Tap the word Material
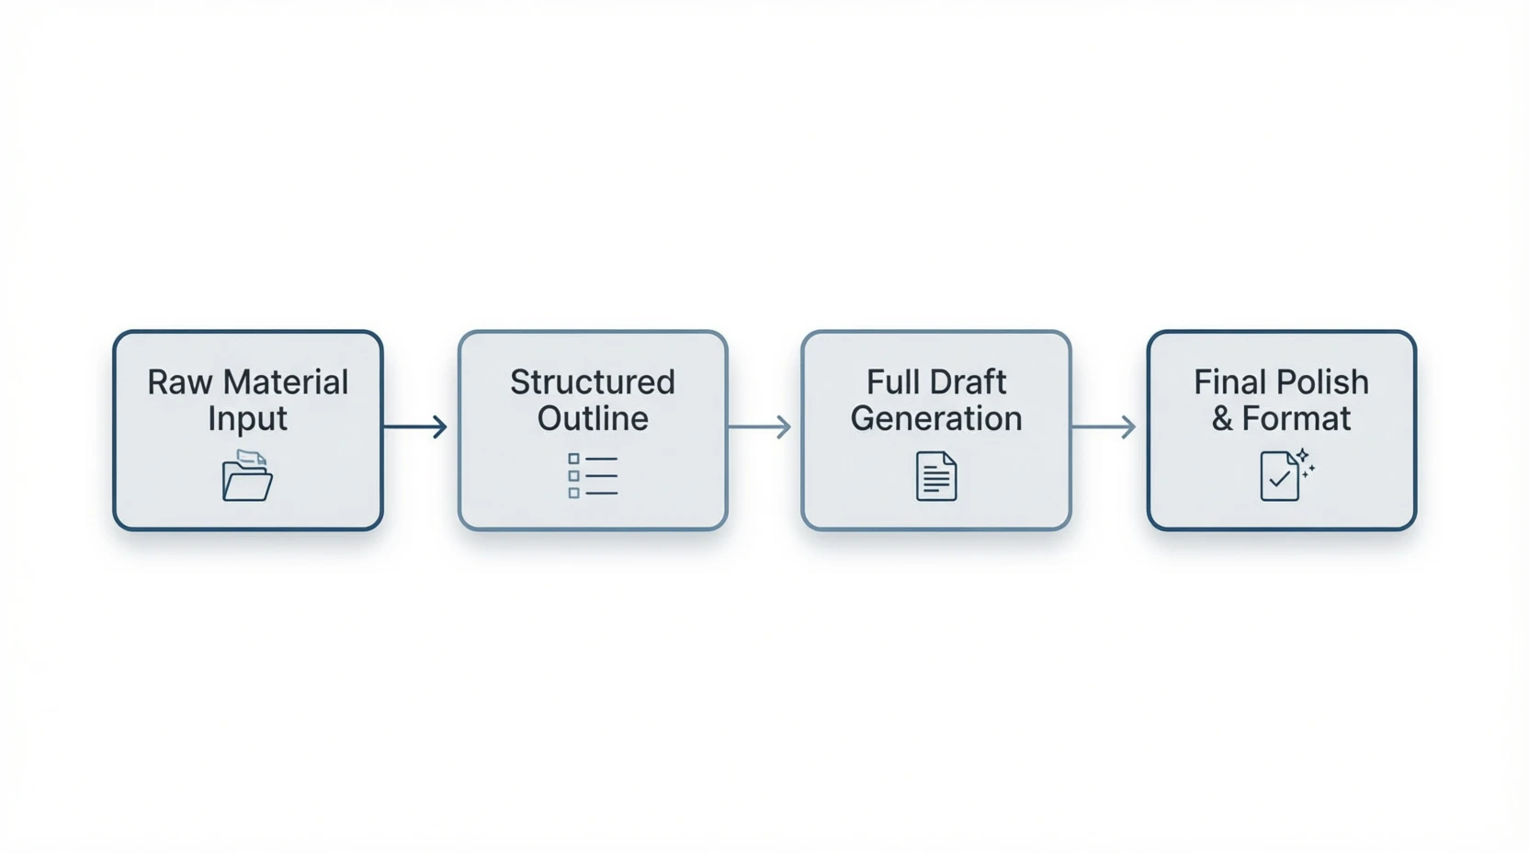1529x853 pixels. (286, 382)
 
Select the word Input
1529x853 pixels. (248, 419)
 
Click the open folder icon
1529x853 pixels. (247, 475)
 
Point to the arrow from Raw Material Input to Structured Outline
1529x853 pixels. (415, 426)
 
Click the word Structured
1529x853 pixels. (593, 382)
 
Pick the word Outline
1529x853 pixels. (593, 418)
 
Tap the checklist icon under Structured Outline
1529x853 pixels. (593, 475)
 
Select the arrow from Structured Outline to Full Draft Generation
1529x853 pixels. (760, 426)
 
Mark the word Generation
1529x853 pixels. (936, 418)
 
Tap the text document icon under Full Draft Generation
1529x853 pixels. (936, 476)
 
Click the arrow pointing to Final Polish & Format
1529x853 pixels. (1104, 426)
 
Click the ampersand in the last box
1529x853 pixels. (1222, 419)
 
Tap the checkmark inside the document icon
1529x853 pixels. (1279, 479)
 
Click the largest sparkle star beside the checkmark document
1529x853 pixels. (1302, 455)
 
